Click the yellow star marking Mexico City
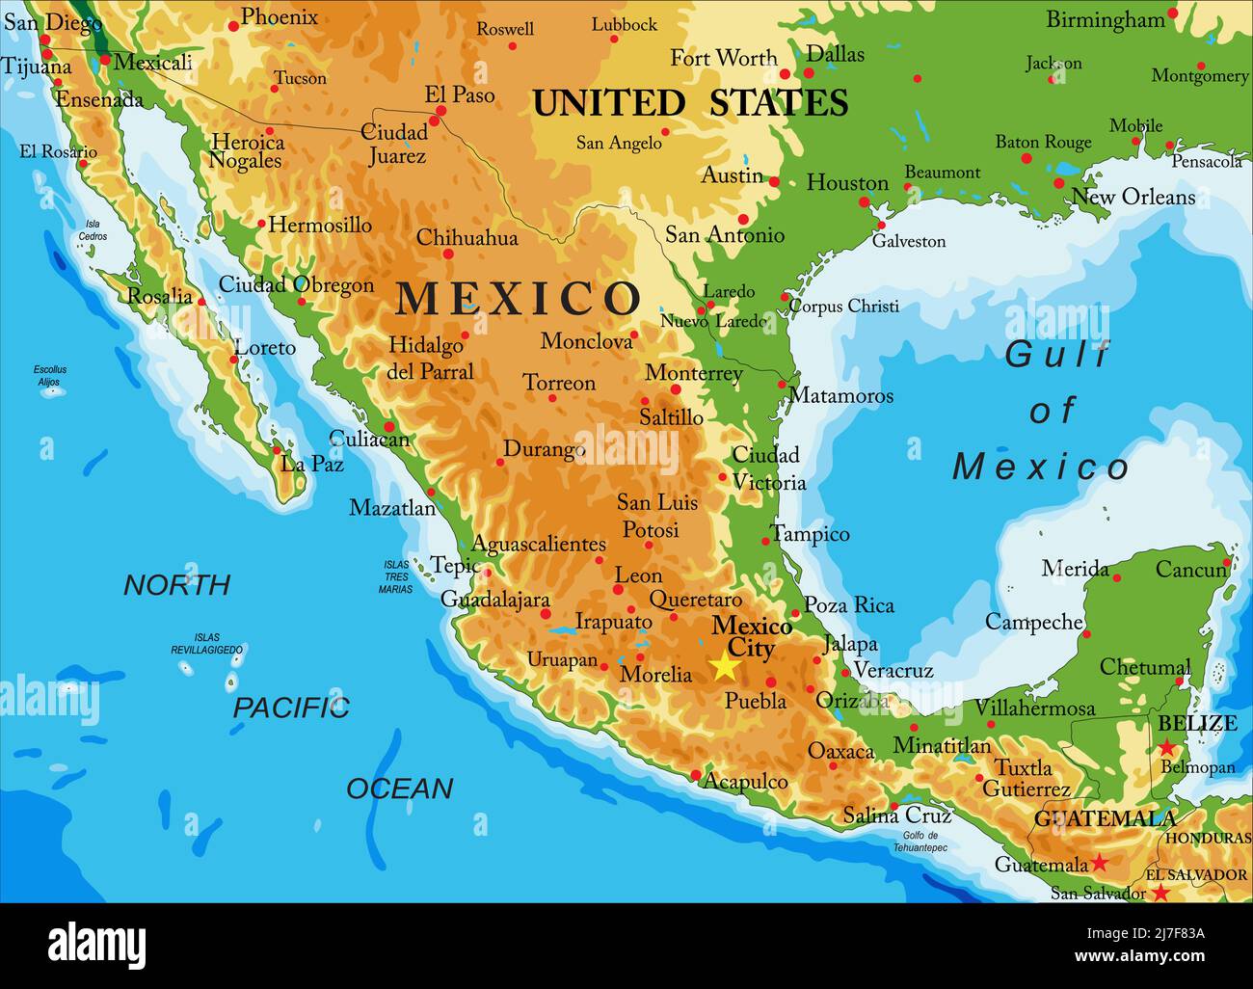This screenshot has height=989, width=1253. [x=724, y=666]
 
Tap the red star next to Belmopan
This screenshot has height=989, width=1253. [x=1166, y=747]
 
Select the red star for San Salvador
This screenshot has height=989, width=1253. [x=1161, y=894]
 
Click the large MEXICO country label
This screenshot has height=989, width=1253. [x=518, y=299]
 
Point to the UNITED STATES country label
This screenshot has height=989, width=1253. [x=690, y=103]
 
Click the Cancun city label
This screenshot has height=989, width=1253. [x=1191, y=570]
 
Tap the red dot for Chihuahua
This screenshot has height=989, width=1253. [x=448, y=254]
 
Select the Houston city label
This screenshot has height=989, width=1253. [x=847, y=182]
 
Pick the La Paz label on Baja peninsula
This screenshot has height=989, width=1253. [x=311, y=464]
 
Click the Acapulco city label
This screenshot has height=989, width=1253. [x=746, y=782]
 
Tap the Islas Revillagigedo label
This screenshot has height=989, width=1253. [x=206, y=644]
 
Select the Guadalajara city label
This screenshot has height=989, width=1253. [x=494, y=600]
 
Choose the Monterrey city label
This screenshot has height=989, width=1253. [x=693, y=373]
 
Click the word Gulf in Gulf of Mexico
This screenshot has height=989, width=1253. [x=1056, y=355]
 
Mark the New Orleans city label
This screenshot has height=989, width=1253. [x=1133, y=197]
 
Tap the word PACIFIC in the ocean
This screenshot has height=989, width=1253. [x=290, y=708]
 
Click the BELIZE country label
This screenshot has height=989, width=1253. [x=1196, y=723]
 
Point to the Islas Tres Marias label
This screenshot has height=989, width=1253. [x=395, y=576]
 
